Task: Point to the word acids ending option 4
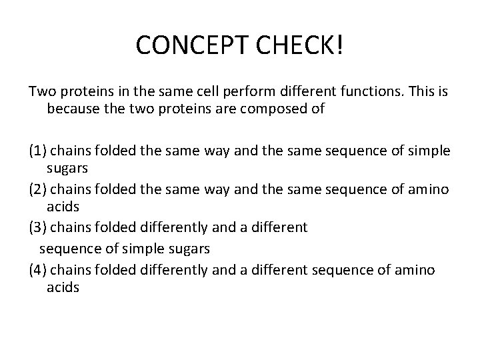click(x=63, y=287)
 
